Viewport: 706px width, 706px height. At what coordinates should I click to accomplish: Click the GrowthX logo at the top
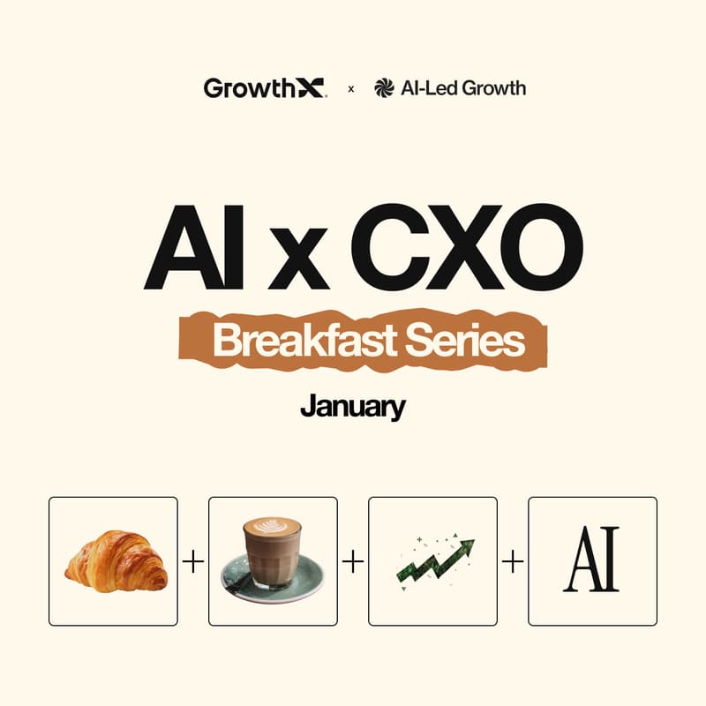265,87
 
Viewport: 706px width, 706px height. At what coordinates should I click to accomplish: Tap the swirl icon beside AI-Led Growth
383,87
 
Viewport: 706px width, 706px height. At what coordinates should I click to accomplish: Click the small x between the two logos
351,88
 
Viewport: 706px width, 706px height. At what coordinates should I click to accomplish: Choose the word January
353,407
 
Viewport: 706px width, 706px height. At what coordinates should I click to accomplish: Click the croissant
115,561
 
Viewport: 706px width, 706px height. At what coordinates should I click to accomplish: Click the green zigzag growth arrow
432,561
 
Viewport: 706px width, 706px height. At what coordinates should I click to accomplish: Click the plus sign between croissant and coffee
192,561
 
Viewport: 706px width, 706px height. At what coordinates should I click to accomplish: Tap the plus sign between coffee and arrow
352,561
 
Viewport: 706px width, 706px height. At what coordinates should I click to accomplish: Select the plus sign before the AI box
512,561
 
